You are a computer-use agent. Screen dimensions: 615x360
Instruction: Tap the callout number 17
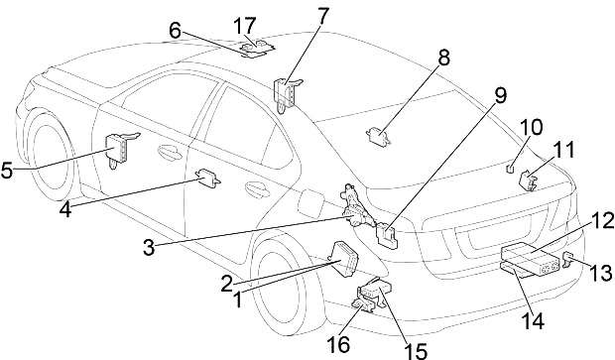coord(244,26)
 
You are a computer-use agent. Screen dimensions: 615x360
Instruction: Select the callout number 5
coord(7,171)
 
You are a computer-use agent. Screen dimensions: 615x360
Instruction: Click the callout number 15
coord(416,350)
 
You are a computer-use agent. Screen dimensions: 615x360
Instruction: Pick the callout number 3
coord(149,248)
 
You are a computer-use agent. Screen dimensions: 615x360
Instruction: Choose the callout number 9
coord(499,95)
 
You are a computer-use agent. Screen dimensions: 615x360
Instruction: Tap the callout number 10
coord(531,127)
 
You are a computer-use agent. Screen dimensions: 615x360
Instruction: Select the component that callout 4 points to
coord(208,179)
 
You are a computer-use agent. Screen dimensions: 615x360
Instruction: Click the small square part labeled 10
coord(509,169)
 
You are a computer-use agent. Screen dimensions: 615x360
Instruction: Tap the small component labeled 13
coord(568,259)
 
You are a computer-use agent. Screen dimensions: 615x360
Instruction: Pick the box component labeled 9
coord(387,235)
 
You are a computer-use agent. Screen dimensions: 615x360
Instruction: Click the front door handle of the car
coord(170,152)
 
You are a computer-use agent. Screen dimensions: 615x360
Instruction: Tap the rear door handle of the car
coord(257,188)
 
